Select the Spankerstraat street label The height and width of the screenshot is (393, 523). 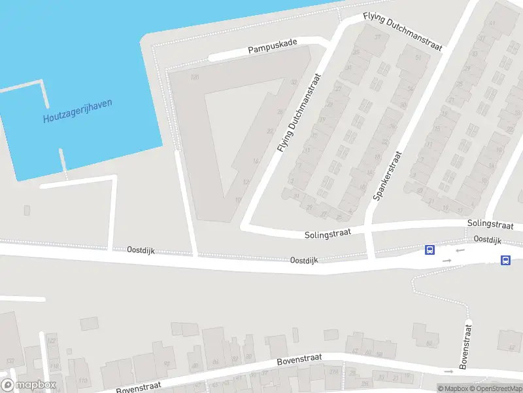pos(388,176)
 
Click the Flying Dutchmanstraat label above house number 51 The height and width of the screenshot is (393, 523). pos(403,31)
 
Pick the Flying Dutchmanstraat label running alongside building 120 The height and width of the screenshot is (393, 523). pos(301,113)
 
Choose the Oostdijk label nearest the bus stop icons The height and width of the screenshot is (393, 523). pos(487,240)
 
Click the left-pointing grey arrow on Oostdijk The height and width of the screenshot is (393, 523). pos(460,250)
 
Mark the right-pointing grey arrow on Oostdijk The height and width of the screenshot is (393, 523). pos(447,261)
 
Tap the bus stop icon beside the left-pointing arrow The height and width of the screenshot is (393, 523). pos(430,250)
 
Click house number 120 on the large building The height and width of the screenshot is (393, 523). pos(194,77)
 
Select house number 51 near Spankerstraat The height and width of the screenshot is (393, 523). pos(418,58)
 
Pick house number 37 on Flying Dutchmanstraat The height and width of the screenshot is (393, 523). pos(377,37)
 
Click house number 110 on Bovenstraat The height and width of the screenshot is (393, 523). pos(82,380)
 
